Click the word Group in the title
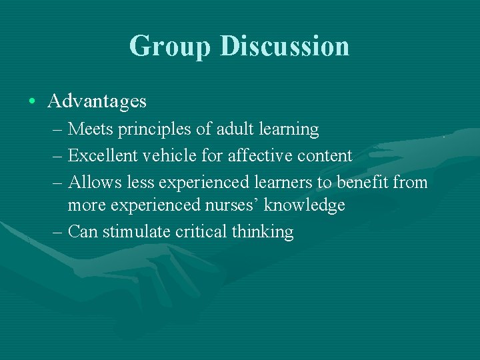[169, 46]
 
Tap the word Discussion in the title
[284, 46]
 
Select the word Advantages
[97, 101]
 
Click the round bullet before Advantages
[32, 101]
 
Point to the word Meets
[89, 128]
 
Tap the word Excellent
[99, 155]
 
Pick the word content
[323, 155]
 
